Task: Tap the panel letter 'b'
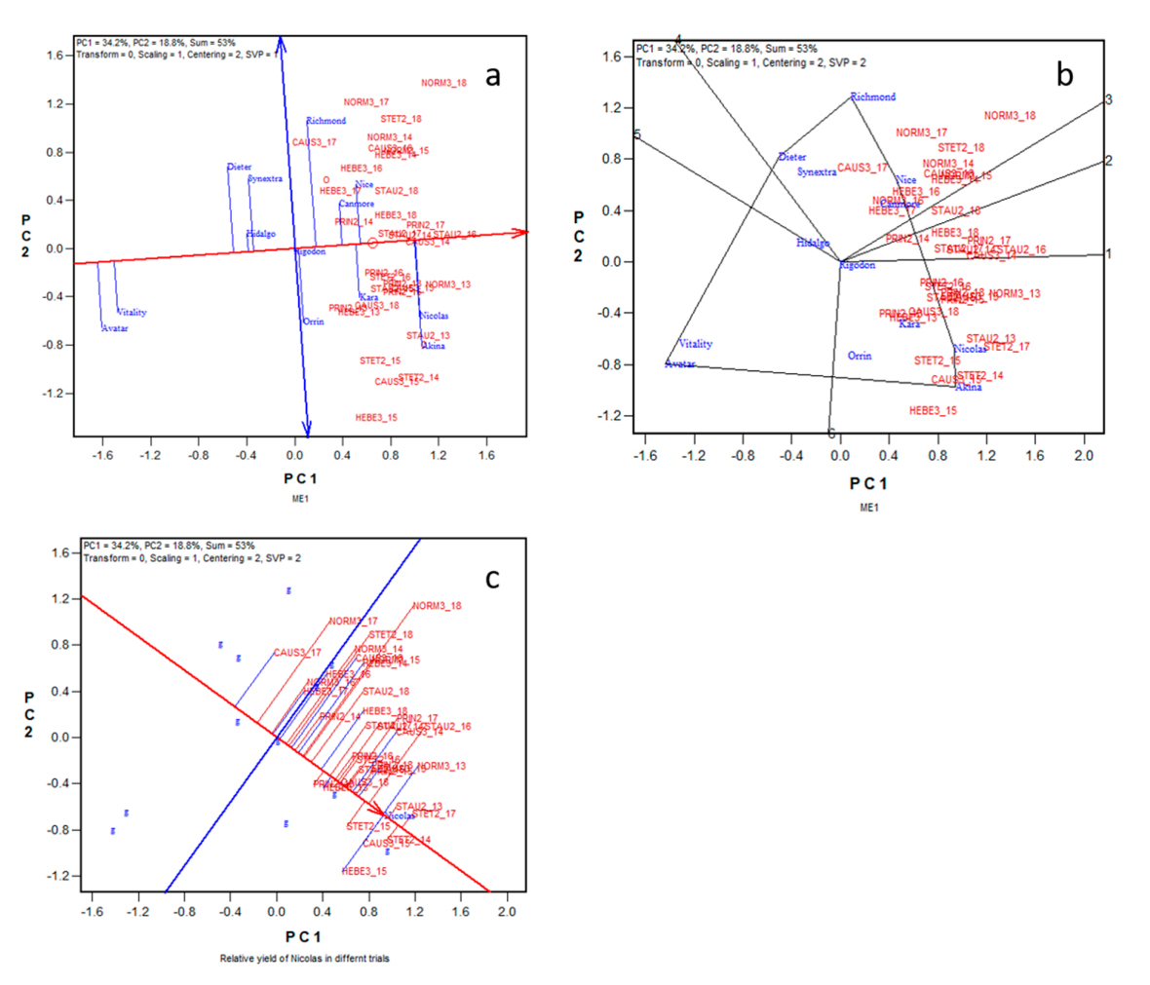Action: tap(1065, 75)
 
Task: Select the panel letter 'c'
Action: tap(492, 579)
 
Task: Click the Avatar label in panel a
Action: tap(115, 328)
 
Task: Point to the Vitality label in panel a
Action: tap(132, 313)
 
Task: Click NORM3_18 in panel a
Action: tap(443, 83)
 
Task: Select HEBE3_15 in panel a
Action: tap(376, 417)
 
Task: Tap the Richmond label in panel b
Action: tap(872, 96)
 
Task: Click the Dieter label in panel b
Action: tap(792, 157)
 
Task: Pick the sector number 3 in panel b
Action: tap(1108, 99)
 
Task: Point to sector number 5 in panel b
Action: tap(636, 134)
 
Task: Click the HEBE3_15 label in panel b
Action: tap(933, 410)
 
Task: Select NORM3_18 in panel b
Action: tap(1010, 116)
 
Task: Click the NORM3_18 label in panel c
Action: tap(437, 606)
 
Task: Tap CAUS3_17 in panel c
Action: tap(297, 653)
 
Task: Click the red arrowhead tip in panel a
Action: tap(527, 232)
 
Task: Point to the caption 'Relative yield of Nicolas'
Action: tap(304, 959)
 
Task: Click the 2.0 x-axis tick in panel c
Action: tap(507, 912)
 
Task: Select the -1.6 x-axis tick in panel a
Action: tap(102, 454)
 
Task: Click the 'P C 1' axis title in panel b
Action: tap(868, 483)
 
